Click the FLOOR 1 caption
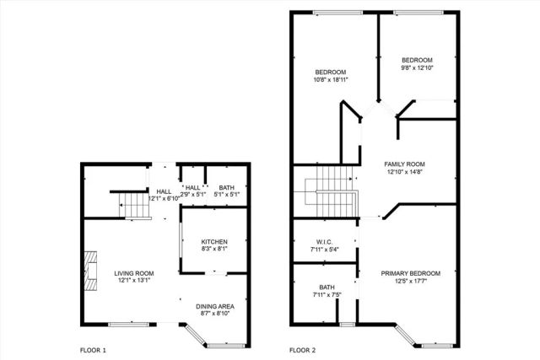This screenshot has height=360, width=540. (x=93, y=350)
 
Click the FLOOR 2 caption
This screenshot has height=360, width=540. (x=303, y=350)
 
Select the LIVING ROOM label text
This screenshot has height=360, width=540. (x=133, y=273)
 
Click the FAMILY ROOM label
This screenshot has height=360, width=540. (x=404, y=164)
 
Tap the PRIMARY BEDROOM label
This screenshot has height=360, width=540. (x=410, y=273)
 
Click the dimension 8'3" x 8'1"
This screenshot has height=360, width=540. (x=213, y=250)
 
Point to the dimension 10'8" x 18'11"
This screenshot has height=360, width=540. (x=332, y=80)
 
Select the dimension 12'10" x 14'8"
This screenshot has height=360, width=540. (x=404, y=172)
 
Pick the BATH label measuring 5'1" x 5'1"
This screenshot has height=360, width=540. (x=227, y=187)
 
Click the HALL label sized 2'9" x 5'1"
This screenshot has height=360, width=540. (x=192, y=187)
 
